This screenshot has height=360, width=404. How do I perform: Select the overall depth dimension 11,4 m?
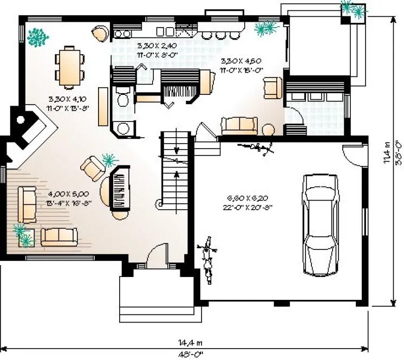(x=387, y=152)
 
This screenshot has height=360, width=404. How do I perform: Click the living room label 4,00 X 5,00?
(x=68, y=193)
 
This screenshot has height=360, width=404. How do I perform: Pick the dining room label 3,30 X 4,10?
(x=68, y=99)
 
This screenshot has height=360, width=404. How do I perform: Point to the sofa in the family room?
(x=239, y=125)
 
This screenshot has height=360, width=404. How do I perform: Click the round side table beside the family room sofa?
(x=268, y=130)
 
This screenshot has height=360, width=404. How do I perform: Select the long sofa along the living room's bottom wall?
(x=59, y=235)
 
